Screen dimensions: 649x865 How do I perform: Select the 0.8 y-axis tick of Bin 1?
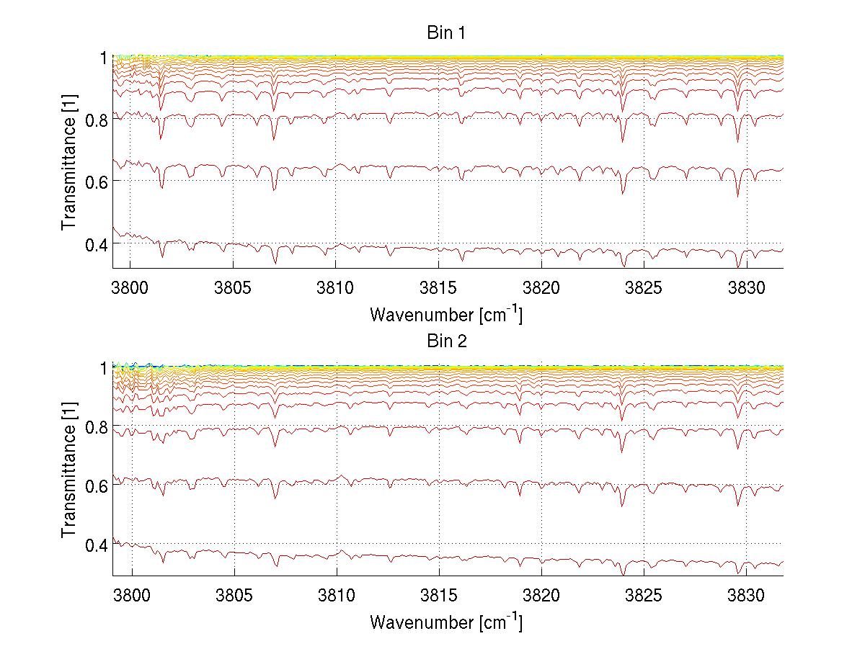[x=96, y=119]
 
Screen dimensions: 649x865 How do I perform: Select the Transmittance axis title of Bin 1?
[x=69, y=162]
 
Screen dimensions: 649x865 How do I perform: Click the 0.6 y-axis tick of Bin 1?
[x=96, y=181]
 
